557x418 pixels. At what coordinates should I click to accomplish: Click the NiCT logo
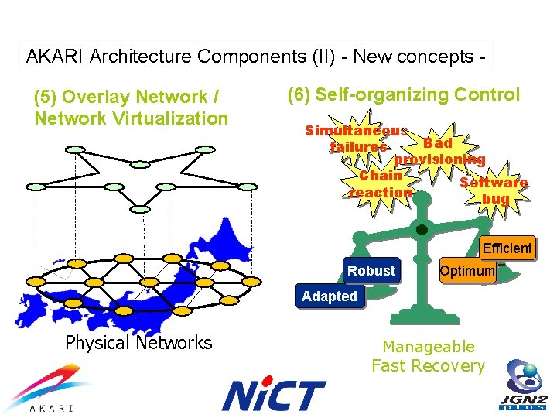click(x=273, y=395)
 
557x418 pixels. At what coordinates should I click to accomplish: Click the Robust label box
click(x=371, y=271)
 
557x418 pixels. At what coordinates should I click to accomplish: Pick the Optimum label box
click(x=467, y=271)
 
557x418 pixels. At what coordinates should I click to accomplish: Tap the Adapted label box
click(x=330, y=296)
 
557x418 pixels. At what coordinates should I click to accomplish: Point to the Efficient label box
click(x=507, y=248)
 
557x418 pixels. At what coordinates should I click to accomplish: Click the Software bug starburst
click(x=494, y=190)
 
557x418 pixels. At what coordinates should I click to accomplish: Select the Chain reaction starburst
click(x=381, y=184)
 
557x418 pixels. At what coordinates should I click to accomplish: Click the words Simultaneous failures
click(x=357, y=139)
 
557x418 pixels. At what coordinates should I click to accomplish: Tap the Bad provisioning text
click(x=439, y=152)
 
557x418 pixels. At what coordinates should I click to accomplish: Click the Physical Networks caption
click(x=138, y=343)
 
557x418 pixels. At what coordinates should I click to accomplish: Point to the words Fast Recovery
click(x=428, y=366)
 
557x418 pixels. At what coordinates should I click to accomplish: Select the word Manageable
click(x=429, y=347)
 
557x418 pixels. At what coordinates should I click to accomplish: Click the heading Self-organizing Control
click(x=403, y=95)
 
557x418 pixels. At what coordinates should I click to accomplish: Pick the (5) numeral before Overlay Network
click(x=45, y=98)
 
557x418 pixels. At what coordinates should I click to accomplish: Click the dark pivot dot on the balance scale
click(x=422, y=230)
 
